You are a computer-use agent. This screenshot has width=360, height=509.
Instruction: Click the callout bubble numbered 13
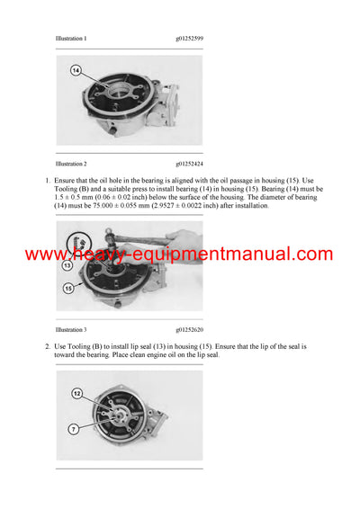(x=67, y=266)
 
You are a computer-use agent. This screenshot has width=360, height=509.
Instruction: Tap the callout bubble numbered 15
(x=68, y=289)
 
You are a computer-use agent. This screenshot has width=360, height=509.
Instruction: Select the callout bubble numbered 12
(x=76, y=393)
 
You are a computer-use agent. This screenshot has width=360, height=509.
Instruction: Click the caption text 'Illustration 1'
(x=71, y=39)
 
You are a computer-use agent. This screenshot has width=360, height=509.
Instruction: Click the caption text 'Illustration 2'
(x=71, y=164)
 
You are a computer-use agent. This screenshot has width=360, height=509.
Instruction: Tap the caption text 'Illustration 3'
(x=71, y=330)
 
